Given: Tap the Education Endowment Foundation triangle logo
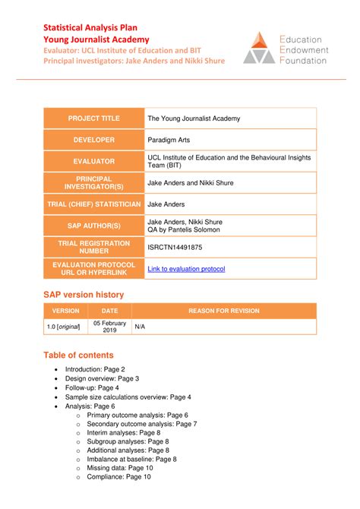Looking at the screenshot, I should tap(258, 47).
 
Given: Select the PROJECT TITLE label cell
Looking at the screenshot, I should tap(94, 119).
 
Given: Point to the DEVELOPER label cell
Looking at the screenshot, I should tap(94, 140).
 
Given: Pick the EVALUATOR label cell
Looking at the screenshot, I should tap(94, 161).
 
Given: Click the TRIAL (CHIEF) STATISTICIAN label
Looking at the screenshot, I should tap(94, 204).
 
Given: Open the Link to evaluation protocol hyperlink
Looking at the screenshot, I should tap(186, 268).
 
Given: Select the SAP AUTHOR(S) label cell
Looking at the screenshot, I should tap(94, 226).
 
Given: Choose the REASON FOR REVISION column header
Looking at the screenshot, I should tap(224, 311).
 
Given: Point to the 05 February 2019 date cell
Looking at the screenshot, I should tap(109, 327).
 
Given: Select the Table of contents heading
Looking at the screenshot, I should tap(78, 355).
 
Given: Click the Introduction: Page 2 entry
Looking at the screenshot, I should tap(95, 368).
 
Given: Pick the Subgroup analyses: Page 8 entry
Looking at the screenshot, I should tap(128, 441).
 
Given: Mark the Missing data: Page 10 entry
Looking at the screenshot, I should tap(119, 468).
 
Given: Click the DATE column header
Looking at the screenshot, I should tap(109, 311).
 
